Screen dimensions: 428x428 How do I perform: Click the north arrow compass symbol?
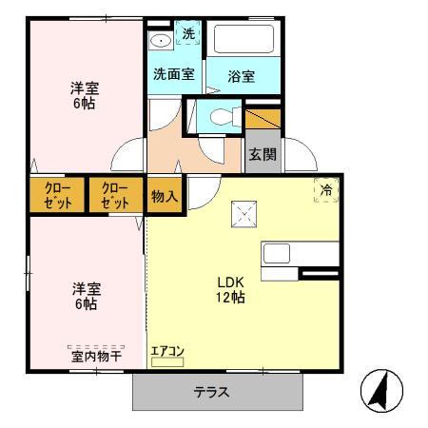coord(382,390)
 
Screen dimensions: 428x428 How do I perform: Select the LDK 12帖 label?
coord(232,289)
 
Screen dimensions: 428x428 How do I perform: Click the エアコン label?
coord(167,351)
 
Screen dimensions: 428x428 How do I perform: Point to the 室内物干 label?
coord(95,356)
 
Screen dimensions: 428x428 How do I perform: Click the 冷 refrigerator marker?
coord(326,190)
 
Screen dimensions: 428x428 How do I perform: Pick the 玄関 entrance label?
coord(262,154)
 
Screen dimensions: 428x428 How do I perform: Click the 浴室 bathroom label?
coord(242,76)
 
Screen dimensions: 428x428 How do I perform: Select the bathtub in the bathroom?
coord(244,41)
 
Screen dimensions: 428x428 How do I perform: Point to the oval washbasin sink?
coord(161,39)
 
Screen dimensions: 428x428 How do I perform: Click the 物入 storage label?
coord(165,196)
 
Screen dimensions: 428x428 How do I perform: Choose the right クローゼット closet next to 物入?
coord(115,196)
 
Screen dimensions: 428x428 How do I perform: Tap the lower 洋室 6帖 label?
coord(85,296)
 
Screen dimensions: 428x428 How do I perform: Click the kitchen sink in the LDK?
coord(277,254)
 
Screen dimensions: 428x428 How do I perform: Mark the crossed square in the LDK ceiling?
coord(243,215)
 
